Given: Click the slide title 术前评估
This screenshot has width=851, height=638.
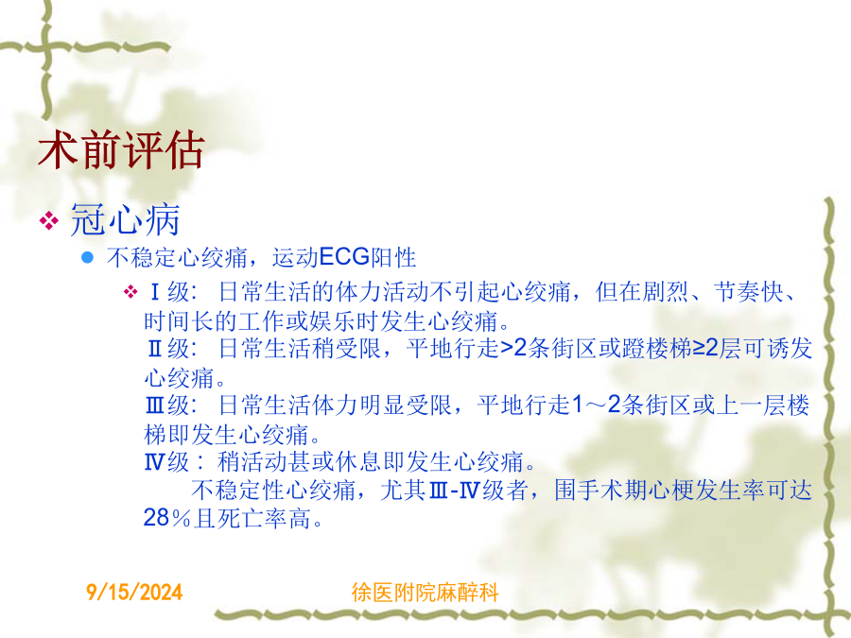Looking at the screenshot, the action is pos(121,149).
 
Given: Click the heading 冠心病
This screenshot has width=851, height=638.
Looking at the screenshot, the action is pos(125,219).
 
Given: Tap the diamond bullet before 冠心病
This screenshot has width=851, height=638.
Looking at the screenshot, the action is pos(49,220).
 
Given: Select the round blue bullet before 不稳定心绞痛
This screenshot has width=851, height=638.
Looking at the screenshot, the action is pos(87,257).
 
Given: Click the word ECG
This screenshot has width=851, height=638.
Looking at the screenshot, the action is pos(344,256).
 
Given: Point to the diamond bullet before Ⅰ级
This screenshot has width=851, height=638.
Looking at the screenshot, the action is pos(130,292).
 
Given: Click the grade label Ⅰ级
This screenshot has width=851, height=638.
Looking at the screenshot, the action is pos(169,292).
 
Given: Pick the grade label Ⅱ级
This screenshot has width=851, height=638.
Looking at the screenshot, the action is pos(168,348).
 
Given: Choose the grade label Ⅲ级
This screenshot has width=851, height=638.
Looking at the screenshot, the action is pos(167,405).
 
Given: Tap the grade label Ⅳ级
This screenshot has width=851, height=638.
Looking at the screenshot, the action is pos(167,461).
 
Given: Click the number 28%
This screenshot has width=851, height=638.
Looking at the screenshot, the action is pos(167,518).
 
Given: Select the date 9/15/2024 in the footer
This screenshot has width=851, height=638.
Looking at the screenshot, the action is pos(134,592).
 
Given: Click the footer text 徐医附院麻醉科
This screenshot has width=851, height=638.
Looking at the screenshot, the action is pos(425,592).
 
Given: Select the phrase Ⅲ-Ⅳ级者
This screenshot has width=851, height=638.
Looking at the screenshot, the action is pos(478,490).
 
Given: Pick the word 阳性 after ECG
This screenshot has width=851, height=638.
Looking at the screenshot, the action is pos(393,257).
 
